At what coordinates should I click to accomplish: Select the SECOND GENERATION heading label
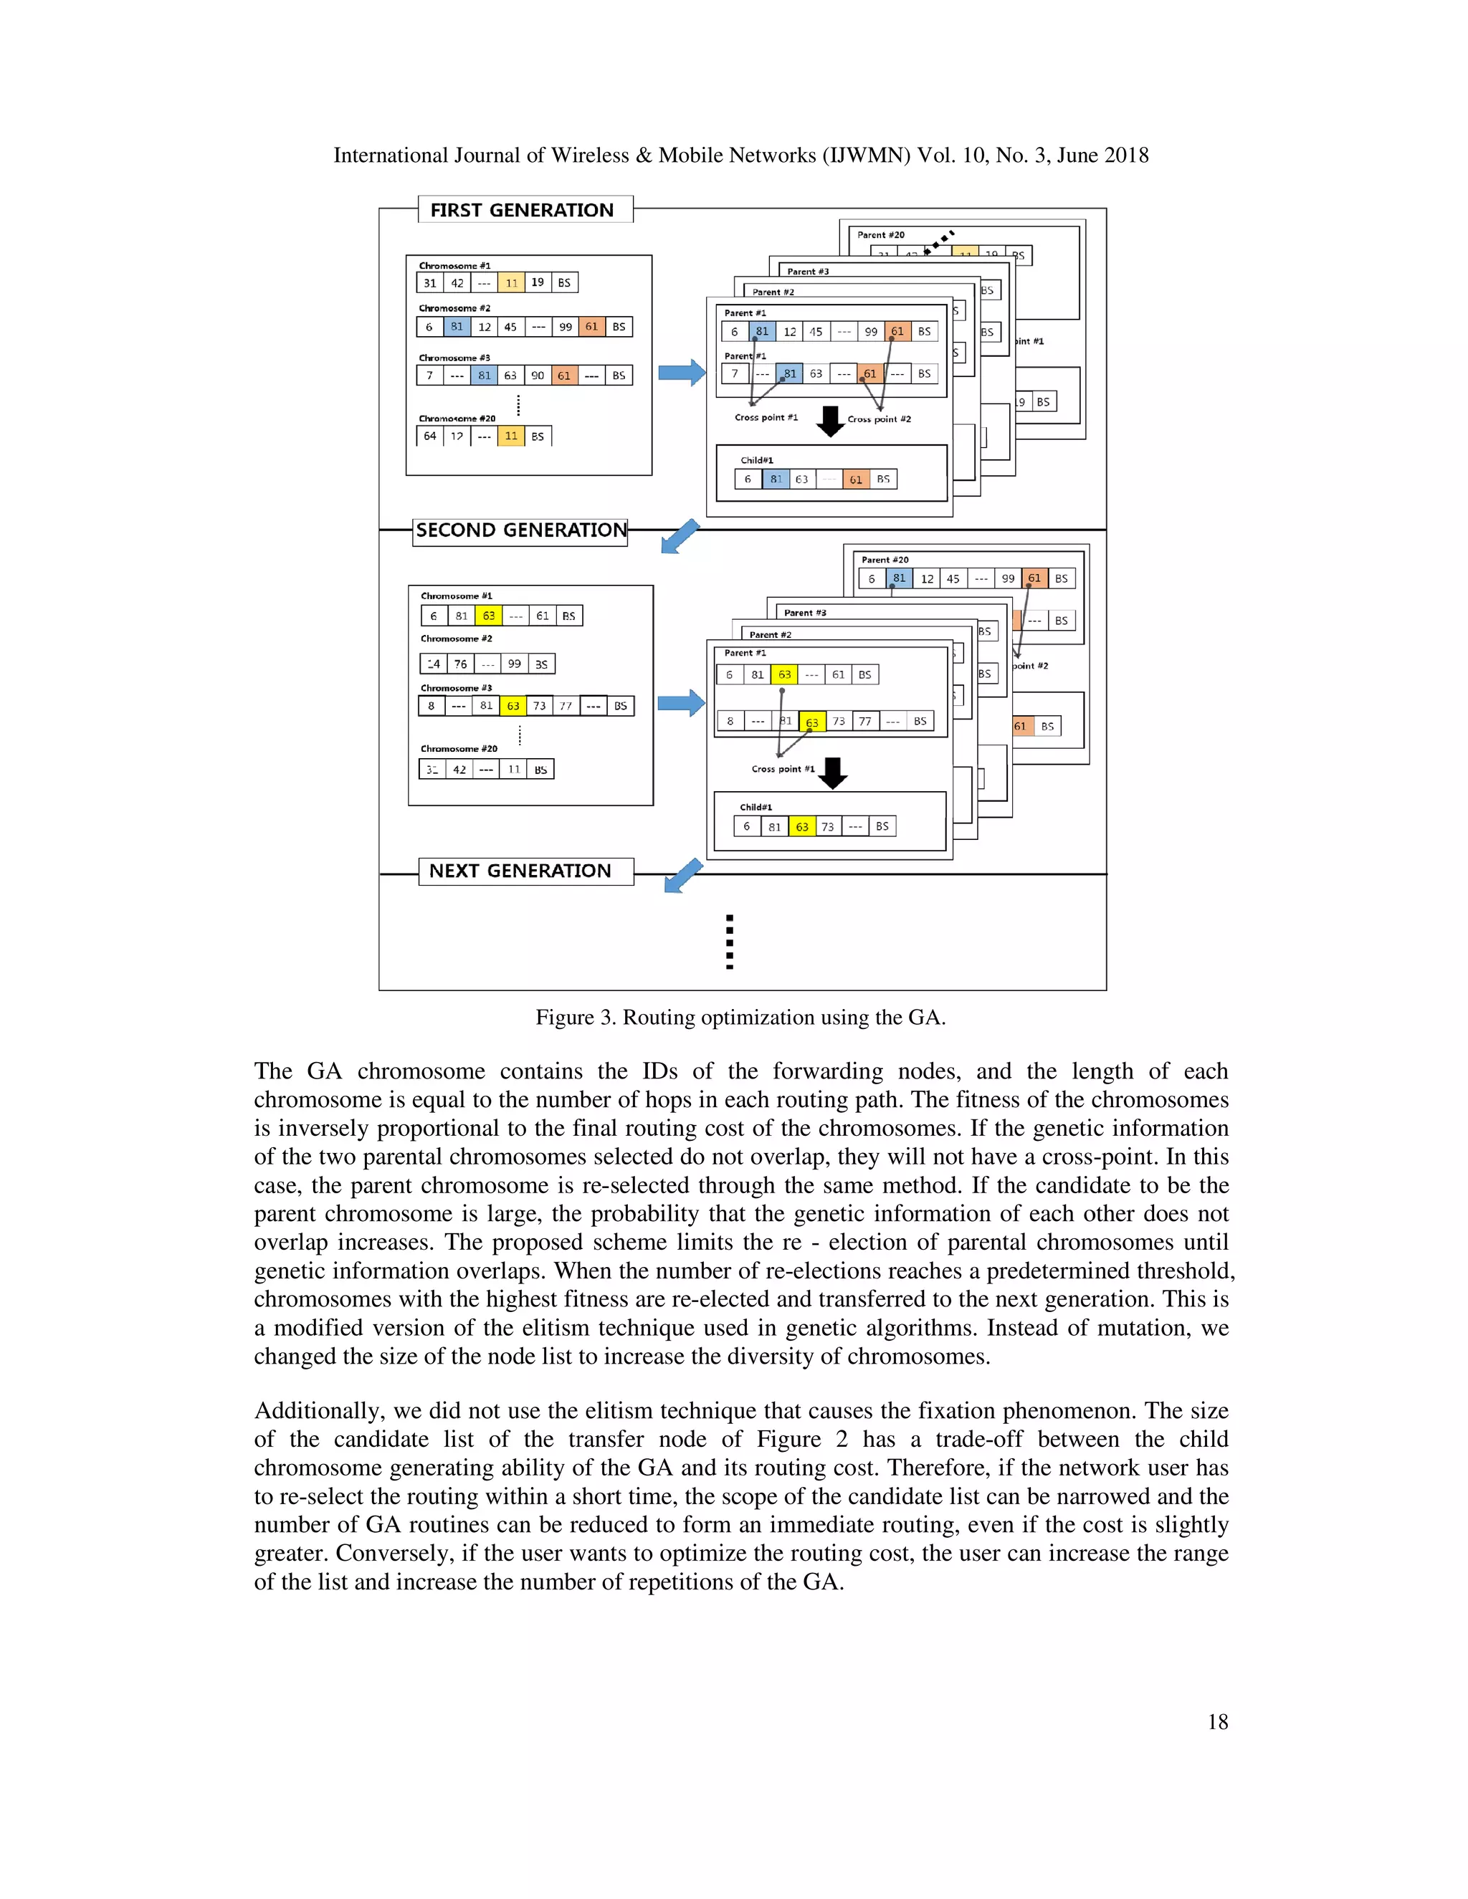(x=520, y=530)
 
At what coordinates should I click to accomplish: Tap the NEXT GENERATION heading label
(x=520, y=871)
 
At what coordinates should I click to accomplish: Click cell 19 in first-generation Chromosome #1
(x=538, y=282)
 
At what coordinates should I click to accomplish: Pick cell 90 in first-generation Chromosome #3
(x=538, y=376)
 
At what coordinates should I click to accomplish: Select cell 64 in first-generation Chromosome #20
(x=429, y=436)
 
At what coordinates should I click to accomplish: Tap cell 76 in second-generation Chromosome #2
(x=460, y=664)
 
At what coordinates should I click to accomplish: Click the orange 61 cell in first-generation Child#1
(x=856, y=479)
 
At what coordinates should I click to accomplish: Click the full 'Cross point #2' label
(x=880, y=419)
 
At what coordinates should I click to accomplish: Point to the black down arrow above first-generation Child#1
(x=831, y=421)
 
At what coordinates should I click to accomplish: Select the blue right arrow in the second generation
(x=680, y=702)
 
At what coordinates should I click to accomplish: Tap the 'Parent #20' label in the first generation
(x=880, y=235)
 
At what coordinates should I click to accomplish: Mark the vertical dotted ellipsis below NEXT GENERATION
(x=729, y=942)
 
